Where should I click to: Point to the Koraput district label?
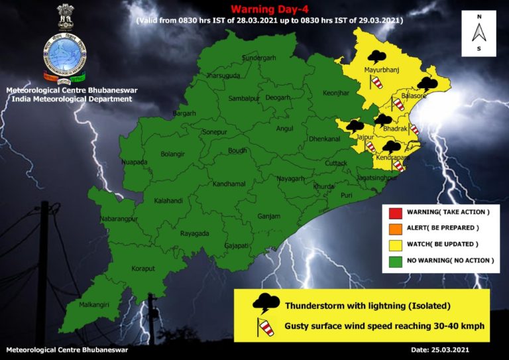point(142,269)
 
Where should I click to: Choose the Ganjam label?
point(269,216)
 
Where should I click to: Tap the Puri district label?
point(347,196)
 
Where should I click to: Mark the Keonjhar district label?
point(336,93)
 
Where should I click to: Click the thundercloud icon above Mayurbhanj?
point(378,57)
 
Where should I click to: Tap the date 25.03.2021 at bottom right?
point(441,349)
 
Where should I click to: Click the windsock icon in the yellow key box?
point(266,326)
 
